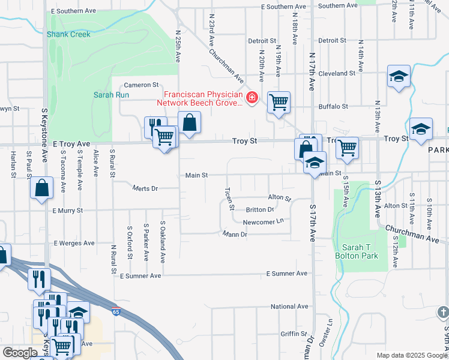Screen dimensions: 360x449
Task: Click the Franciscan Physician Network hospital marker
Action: [x=252, y=97]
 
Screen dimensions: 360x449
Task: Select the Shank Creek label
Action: [x=69, y=34]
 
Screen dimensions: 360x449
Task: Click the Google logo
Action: [x=20, y=353]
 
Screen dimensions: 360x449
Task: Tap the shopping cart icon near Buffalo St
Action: [x=279, y=103]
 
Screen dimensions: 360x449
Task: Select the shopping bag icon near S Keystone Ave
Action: [x=42, y=188]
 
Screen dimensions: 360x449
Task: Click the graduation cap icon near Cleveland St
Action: [x=398, y=77]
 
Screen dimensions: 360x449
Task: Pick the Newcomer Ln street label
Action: [x=263, y=222]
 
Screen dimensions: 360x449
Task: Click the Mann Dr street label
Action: [x=235, y=234]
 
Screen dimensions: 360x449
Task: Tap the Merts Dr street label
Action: [x=145, y=188]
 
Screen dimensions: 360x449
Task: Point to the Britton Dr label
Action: [x=260, y=210]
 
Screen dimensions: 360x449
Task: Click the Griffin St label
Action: [x=294, y=334]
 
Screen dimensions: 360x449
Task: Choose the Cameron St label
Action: [x=141, y=85]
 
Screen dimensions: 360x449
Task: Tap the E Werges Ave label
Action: [x=74, y=243]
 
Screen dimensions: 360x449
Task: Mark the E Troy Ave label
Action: [x=71, y=145]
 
